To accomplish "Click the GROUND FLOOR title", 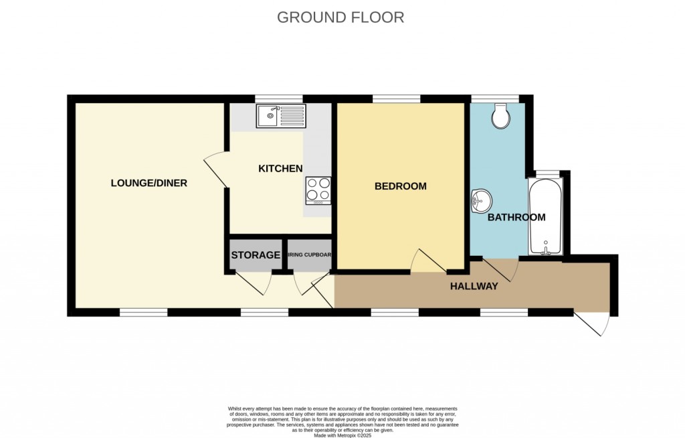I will [x=340, y=17].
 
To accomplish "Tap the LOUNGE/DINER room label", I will [x=149, y=183].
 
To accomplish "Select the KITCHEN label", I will [x=280, y=169].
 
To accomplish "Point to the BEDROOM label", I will [x=400, y=186].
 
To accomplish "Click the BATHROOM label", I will [x=516, y=218].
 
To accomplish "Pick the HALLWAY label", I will [x=474, y=287].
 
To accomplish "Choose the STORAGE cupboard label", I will [x=256, y=255].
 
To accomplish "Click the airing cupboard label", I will [x=310, y=255].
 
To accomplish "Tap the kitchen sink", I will [x=281, y=117].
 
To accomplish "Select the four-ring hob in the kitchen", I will [x=318, y=190].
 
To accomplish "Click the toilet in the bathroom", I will [x=500, y=117].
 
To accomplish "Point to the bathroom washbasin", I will [x=481, y=200].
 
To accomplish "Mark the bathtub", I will [x=545, y=216].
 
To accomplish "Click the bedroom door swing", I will [x=427, y=262].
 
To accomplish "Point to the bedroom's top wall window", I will [x=396, y=99].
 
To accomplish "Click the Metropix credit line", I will [x=342, y=435].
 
